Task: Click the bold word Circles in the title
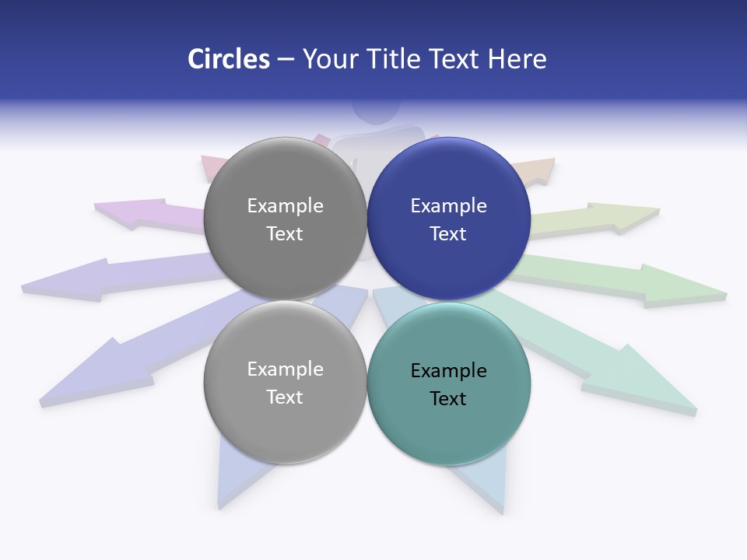(x=228, y=59)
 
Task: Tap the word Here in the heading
(x=517, y=59)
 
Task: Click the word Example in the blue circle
(x=449, y=205)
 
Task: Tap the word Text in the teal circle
(x=448, y=398)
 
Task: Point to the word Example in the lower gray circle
(x=285, y=369)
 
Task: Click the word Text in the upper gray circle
(x=285, y=233)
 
